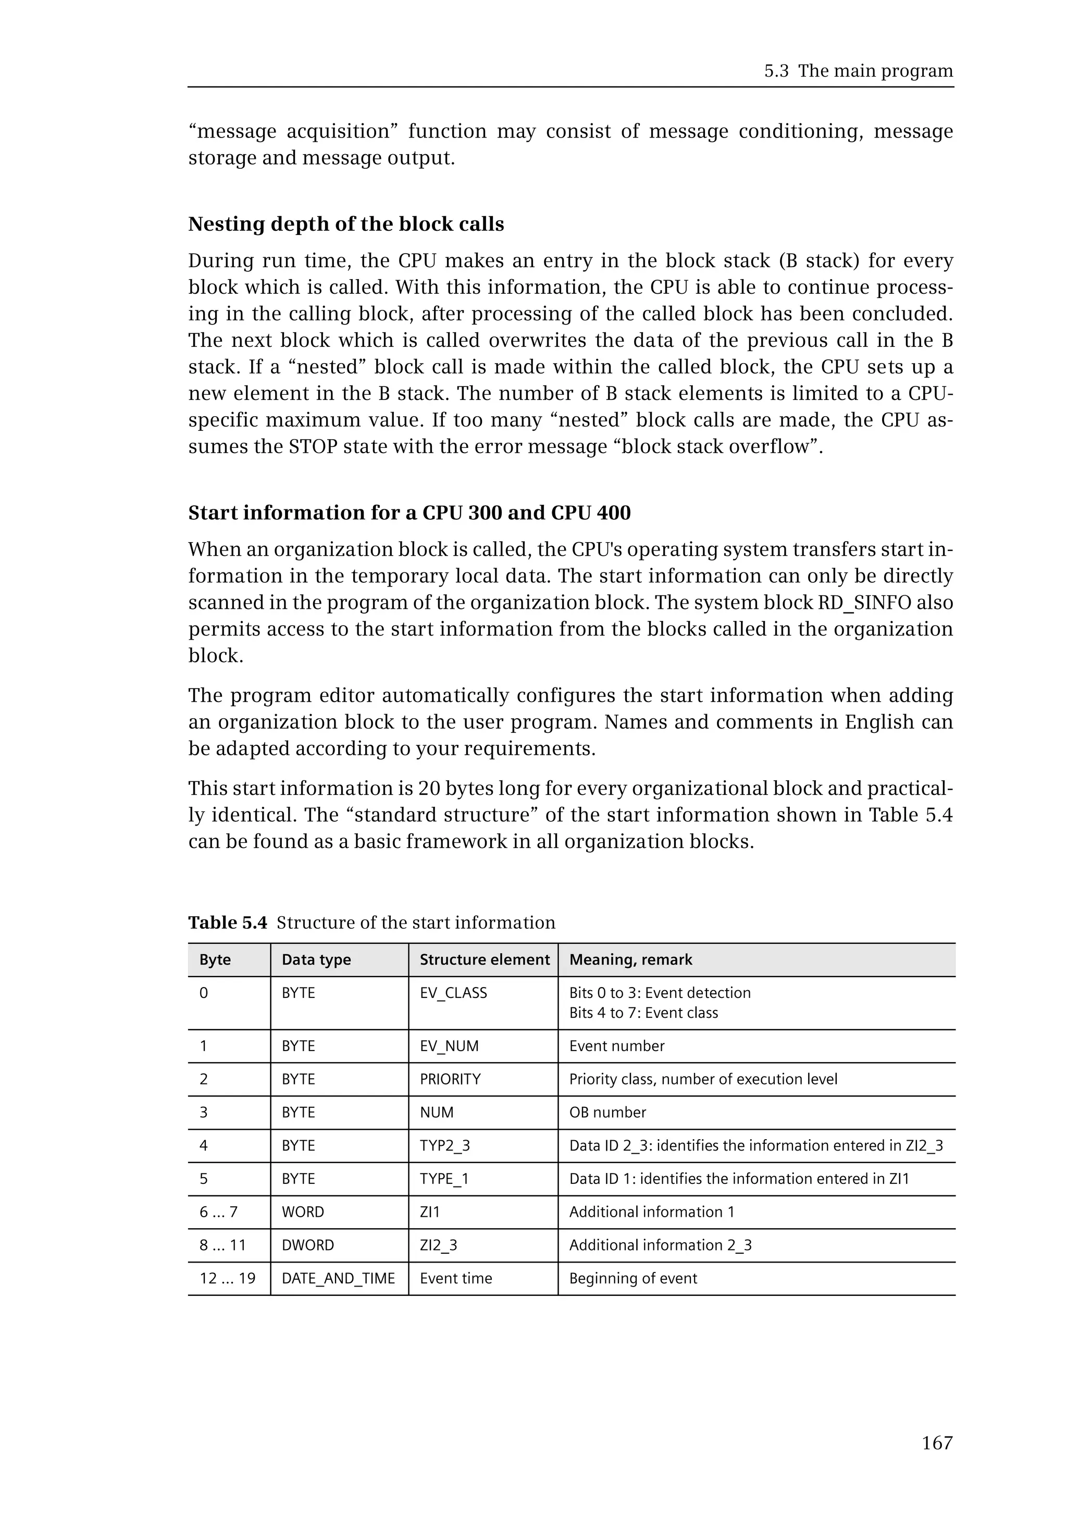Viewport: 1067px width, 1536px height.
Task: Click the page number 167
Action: point(937,1443)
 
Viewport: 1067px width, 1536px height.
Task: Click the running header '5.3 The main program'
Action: point(859,71)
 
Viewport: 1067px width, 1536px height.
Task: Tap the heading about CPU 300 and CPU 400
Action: point(409,513)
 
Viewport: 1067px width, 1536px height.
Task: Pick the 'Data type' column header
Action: point(316,960)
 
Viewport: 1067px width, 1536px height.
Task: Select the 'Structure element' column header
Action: point(484,960)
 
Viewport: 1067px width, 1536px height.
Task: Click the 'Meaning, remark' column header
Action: point(630,960)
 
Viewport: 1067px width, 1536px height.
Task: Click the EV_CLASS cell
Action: point(453,993)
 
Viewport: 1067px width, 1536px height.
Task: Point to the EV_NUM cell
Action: point(449,1046)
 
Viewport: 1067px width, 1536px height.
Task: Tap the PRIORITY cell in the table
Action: point(450,1080)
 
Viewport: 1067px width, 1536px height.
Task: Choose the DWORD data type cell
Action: point(307,1245)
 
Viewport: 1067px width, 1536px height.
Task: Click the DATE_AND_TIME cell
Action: point(338,1279)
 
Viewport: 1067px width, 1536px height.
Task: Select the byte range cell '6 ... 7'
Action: point(219,1212)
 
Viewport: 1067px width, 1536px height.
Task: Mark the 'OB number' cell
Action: point(607,1112)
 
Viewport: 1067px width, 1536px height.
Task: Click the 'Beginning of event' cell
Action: point(632,1279)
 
